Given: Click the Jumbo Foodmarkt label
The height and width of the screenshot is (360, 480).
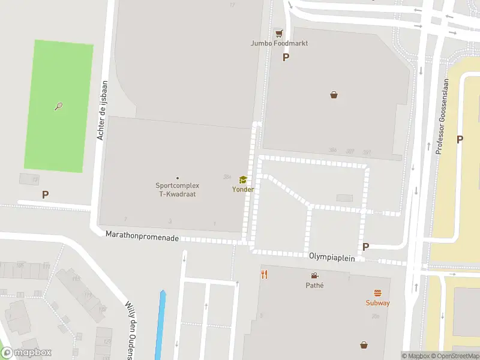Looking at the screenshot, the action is pos(279,43).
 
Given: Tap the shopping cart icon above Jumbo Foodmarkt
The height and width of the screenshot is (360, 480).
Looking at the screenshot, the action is pos(278,33).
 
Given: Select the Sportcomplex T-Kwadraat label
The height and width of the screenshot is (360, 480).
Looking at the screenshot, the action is pos(177,190).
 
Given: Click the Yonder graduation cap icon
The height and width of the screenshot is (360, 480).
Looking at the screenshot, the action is pos(243,179).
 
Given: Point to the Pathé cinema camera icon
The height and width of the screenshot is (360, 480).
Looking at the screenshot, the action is pos(314,275).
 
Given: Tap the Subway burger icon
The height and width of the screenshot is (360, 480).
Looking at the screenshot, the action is pos(378,293).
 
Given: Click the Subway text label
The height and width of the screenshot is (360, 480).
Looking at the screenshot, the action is pos(378,303).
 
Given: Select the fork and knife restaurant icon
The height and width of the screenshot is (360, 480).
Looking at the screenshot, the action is pos(263,274).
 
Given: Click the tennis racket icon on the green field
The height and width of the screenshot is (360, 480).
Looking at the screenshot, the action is pos(58,107).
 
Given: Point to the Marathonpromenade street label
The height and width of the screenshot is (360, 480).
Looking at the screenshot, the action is pos(142,237).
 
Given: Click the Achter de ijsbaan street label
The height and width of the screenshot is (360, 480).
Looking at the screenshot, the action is pos(101,111).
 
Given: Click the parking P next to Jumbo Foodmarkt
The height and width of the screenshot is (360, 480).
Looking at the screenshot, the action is pos(286,58).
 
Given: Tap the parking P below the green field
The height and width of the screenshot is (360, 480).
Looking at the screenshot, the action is pos(45,195).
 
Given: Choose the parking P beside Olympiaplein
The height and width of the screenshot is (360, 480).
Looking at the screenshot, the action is pos(365,247).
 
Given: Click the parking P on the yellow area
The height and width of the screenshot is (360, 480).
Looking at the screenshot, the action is pos(460,139).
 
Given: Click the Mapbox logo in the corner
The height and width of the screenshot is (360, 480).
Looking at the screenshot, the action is pos(26,353).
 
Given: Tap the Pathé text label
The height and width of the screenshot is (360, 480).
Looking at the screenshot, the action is pos(314,285).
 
